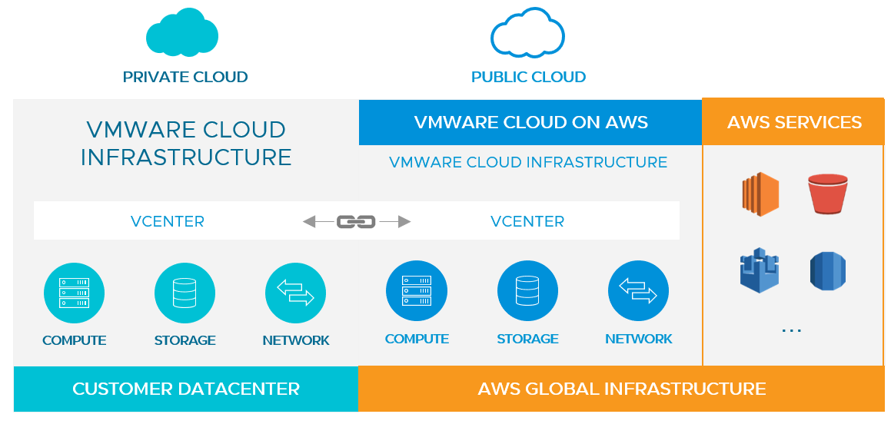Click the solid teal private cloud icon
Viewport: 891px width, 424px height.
[x=182, y=33]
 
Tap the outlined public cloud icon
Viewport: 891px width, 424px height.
[x=527, y=33]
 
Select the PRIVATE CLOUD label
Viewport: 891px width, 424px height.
[x=185, y=77]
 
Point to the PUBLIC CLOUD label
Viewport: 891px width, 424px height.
[x=528, y=77]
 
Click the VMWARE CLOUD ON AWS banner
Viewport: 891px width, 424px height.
[x=530, y=122]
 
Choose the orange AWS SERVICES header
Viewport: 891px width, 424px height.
[x=794, y=122]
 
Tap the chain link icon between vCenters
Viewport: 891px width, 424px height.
[x=356, y=221]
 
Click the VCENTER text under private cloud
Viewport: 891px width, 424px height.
[x=168, y=221]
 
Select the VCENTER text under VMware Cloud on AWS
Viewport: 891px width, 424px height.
[x=527, y=221]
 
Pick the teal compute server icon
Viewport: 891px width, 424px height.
[x=75, y=293]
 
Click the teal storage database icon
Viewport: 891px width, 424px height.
[x=185, y=293]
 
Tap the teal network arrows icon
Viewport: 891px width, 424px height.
[x=296, y=293]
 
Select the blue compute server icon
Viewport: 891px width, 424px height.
[x=417, y=291]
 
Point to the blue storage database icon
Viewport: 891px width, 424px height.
[x=527, y=291]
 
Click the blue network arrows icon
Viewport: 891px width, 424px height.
[x=638, y=291]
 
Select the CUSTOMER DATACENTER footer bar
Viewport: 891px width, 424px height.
[x=186, y=389]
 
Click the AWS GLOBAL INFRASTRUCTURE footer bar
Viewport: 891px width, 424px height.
[x=621, y=389]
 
